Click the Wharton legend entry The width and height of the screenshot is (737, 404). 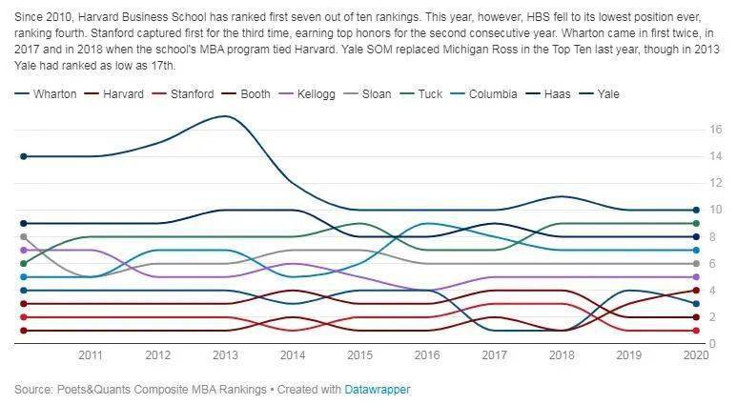(x=50, y=94)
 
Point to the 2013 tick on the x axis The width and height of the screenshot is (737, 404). (x=224, y=354)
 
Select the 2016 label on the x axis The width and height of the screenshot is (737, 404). (x=426, y=354)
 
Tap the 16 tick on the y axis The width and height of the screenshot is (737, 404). (x=713, y=129)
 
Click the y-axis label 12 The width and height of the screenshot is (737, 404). (x=713, y=182)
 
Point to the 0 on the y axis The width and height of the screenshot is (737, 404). (x=713, y=344)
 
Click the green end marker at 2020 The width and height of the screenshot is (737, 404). (x=696, y=223)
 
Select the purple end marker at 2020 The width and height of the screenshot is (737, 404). (x=696, y=277)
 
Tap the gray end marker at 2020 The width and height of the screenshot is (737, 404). (x=696, y=263)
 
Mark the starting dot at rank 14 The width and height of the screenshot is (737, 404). (x=22, y=155)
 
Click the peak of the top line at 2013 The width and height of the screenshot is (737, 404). (x=224, y=116)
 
